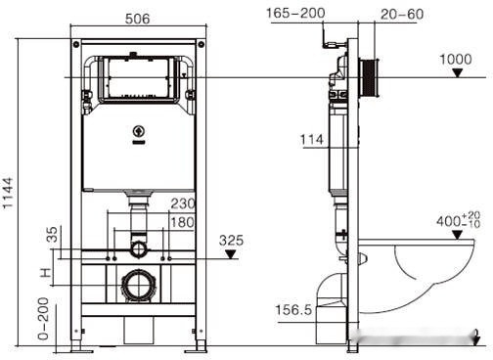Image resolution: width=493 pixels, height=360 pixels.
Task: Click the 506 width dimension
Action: coord(137,17)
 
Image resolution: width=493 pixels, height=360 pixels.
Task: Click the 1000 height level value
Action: coord(456,59)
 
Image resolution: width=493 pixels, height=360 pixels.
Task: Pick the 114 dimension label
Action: coord(312,140)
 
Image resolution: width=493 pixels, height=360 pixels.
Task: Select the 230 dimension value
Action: coord(183,204)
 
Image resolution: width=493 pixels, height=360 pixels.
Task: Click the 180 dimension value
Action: coord(183,223)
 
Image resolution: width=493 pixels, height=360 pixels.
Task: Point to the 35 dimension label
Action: coord(52,236)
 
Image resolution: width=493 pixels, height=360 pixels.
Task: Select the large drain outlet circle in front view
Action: coord(138,287)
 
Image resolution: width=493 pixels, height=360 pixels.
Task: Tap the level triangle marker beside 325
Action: coord(231,254)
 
